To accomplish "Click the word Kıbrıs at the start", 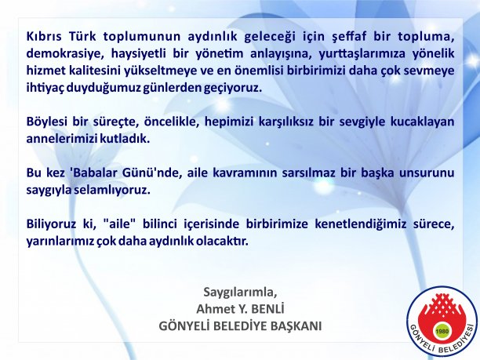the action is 44,36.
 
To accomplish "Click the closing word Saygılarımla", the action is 240,293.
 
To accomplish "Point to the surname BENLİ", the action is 268,308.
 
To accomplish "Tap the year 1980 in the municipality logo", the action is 442,331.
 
